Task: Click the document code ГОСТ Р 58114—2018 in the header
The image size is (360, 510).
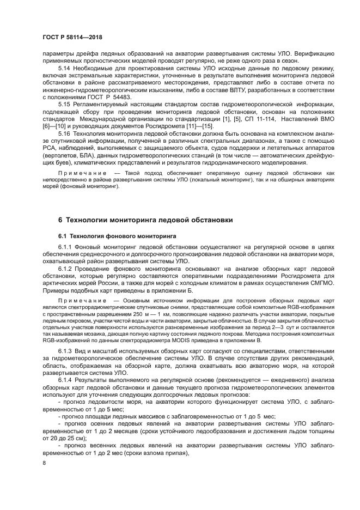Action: click(72, 37)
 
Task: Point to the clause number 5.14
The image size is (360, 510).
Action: click(64, 74)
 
